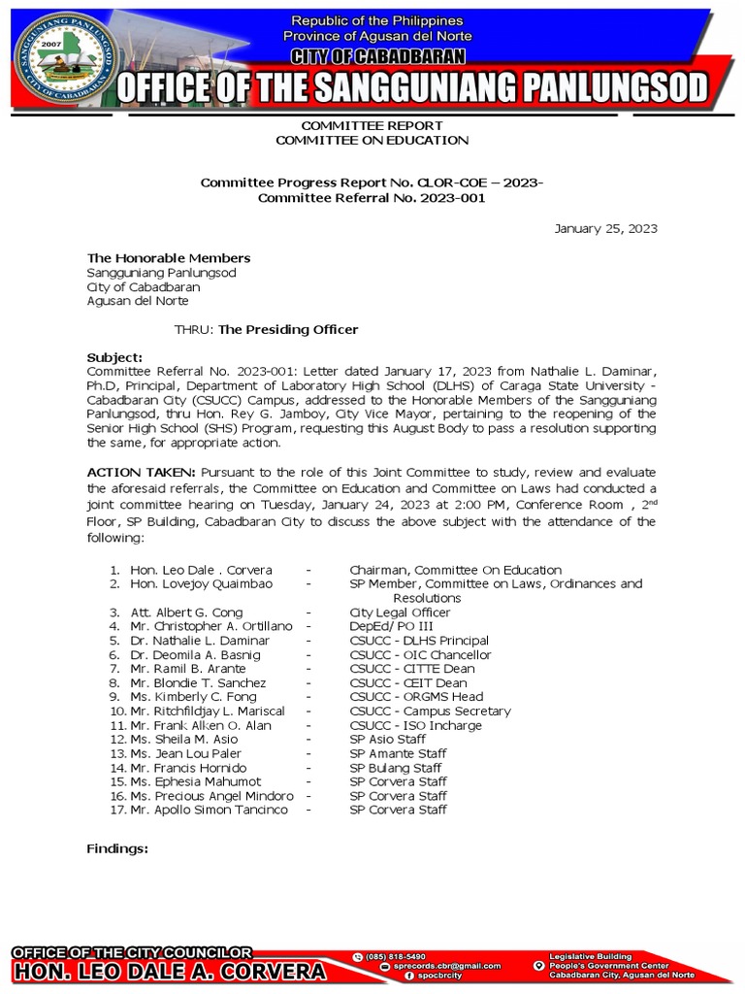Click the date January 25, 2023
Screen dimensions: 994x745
pyautogui.click(x=605, y=229)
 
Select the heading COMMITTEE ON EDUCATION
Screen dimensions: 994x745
pyautogui.click(x=372, y=141)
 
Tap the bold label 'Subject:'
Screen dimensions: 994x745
pyautogui.click(x=114, y=357)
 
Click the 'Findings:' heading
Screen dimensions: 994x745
pyautogui.click(x=117, y=848)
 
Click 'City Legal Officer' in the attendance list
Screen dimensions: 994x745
pyautogui.click(x=400, y=613)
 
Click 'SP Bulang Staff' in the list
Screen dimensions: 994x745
pyautogui.click(x=395, y=768)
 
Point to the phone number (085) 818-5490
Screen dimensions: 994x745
pyautogui.click(x=395, y=956)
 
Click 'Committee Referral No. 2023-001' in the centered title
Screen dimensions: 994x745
pyautogui.click(x=372, y=198)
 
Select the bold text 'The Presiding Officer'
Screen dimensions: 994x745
pyautogui.click(x=288, y=330)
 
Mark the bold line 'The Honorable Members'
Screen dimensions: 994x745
pyautogui.click(x=169, y=258)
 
